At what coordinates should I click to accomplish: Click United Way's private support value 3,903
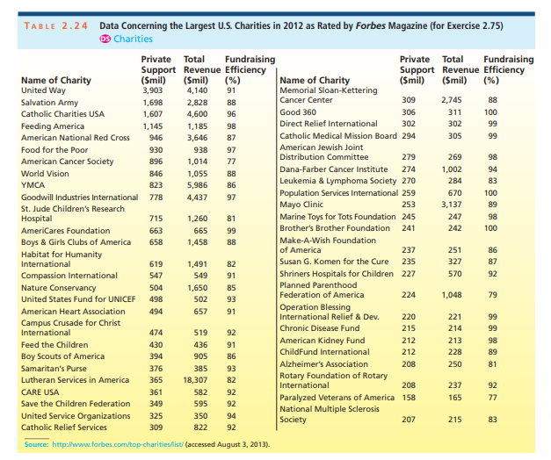click(x=153, y=90)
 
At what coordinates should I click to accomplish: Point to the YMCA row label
click(x=33, y=186)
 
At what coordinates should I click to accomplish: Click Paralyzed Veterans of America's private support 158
click(x=409, y=397)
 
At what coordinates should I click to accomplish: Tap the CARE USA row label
click(x=40, y=392)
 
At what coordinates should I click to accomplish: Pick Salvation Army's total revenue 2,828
click(x=196, y=103)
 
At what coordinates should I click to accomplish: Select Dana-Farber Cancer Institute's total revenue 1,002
click(x=453, y=169)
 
